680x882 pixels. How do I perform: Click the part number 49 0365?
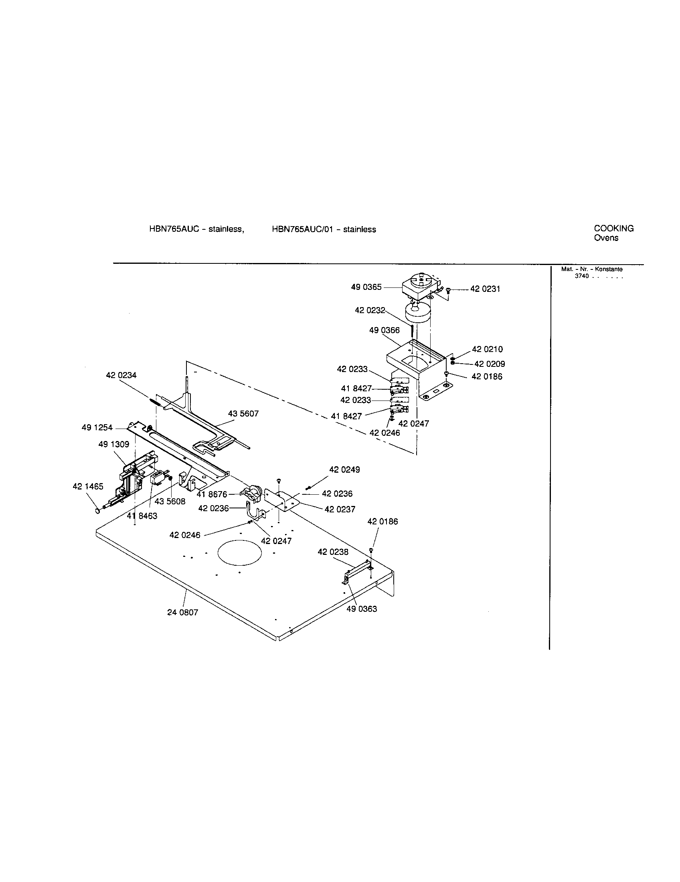(366, 287)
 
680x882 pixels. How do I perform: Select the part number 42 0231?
(485, 289)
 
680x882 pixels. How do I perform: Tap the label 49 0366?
(384, 330)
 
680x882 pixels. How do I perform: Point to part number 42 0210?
(488, 349)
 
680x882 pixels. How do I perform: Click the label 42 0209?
(490, 364)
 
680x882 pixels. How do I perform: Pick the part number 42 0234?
(121, 375)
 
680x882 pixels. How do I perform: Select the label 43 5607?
(243, 414)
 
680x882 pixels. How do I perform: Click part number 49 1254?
(97, 428)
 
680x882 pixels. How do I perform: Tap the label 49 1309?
(113, 444)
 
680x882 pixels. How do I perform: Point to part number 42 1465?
(88, 486)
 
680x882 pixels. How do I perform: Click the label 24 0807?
(182, 612)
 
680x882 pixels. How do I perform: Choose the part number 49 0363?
(361, 609)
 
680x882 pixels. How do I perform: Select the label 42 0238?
(333, 552)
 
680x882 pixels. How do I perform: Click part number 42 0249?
(344, 470)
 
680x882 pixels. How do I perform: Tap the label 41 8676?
(212, 494)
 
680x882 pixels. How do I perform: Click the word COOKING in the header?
(613, 229)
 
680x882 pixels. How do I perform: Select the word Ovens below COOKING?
(606, 238)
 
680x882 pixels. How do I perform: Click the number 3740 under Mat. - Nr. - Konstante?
(582, 276)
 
